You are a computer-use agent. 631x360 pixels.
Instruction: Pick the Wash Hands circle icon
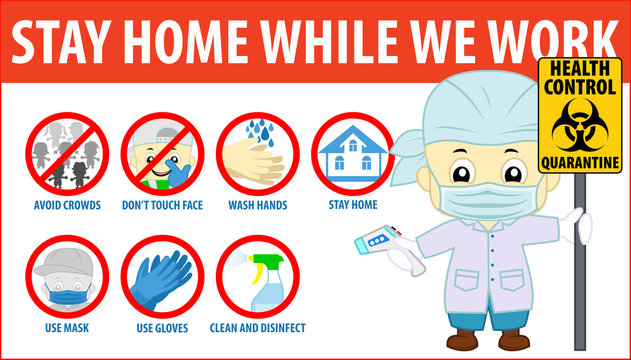pos(258,154)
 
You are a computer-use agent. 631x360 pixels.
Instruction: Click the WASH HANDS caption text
pos(258,207)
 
